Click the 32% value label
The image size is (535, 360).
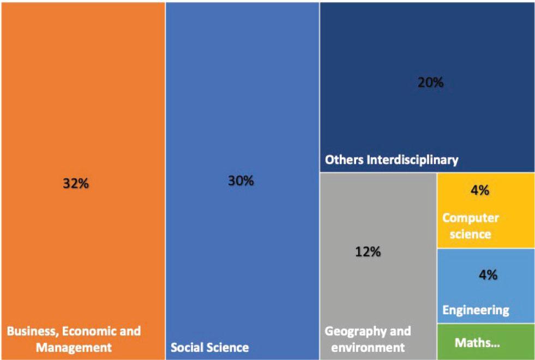tap(75, 184)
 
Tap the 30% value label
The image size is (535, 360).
tap(241, 181)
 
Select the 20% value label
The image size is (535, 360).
tap(431, 83)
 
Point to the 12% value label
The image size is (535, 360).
tap(368, 252)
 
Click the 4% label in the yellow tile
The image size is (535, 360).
tap(480, 191)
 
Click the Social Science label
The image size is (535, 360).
tap(210, 347)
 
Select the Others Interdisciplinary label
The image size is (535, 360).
tap(392, 160)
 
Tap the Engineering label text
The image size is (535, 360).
tap(476, 310)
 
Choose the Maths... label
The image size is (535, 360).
tap(477, 344)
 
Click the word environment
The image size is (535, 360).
tap(365, 347)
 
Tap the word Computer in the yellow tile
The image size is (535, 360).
tap(470, 218)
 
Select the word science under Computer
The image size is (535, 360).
tap(466, 234)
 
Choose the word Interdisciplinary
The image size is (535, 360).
tap(413, 160)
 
